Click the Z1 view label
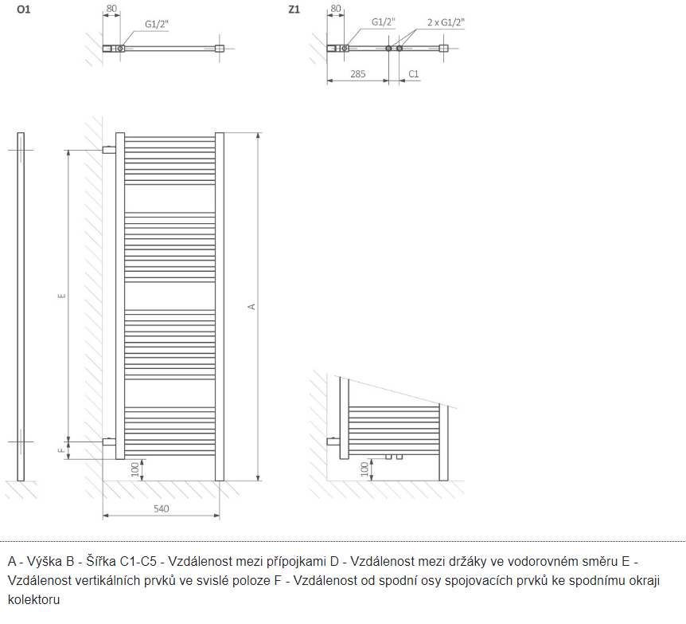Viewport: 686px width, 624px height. point(294,10)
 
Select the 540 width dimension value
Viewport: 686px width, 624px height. point(161,508)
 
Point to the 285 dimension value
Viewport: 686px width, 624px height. point(357,74)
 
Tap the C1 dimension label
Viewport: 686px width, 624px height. point(413,74)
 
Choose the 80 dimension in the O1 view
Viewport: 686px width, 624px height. point(111,10)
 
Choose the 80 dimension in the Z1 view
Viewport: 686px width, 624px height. point(335,10)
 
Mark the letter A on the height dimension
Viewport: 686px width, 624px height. point(252,306)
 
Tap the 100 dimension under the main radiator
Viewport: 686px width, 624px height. point(136,469)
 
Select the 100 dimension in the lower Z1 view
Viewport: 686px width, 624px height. point(364,469)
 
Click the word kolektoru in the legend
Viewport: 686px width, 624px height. point(34,598)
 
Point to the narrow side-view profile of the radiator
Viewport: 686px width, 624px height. point(21,306)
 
